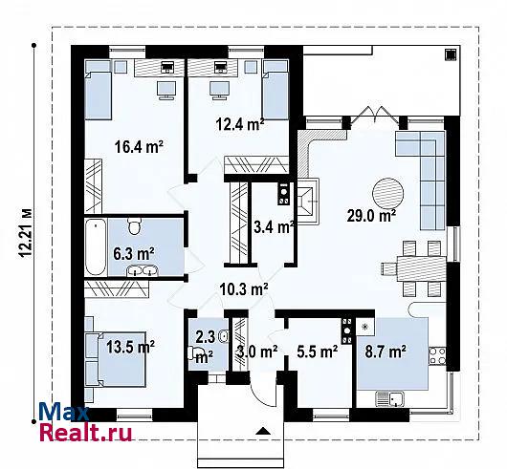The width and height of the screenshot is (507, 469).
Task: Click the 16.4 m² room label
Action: point(139,146)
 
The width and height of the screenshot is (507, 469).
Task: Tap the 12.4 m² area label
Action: point(240,124)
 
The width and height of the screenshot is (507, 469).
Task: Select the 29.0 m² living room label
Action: point(372,215)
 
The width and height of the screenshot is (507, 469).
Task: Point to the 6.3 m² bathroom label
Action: point(134,253)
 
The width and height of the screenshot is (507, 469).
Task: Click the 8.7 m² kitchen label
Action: point(386,352)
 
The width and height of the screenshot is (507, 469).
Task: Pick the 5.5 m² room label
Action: point(318,352)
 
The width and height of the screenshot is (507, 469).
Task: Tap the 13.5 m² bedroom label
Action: point(131,347)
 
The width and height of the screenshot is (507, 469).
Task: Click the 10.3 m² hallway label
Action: point(244,288)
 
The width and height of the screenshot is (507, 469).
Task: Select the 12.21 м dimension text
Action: point(25,233)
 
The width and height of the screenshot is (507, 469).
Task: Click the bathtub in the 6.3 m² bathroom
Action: point(96,247)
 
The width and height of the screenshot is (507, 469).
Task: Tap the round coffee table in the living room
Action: point(388,194)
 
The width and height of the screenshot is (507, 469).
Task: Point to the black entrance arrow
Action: point(263,432)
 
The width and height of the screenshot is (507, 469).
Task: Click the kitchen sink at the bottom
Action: point(390,399)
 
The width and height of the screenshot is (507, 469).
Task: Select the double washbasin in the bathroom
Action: point(143,270)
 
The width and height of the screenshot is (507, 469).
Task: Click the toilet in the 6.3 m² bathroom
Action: point(135,225)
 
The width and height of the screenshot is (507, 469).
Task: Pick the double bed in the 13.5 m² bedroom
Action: point(116,359)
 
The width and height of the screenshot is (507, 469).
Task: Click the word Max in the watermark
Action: point(64,412)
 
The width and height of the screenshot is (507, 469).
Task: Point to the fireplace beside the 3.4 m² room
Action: point(308,202)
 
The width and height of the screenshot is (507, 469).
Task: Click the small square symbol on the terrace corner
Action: point(451,54)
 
